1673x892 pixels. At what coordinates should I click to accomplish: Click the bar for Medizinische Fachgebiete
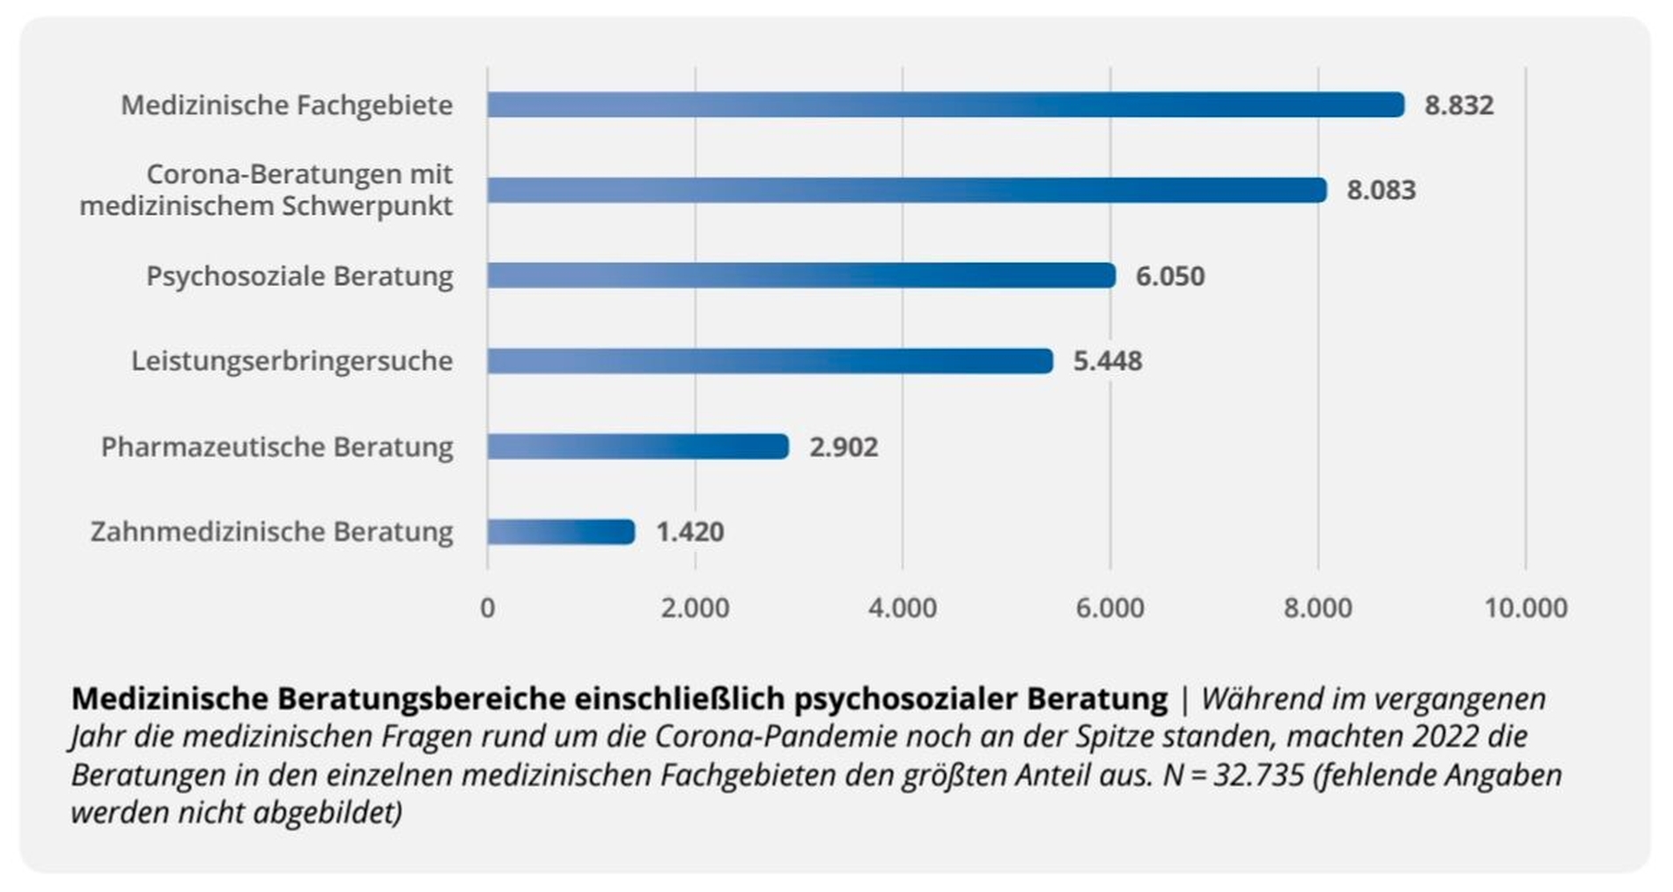click(x=945, y=105)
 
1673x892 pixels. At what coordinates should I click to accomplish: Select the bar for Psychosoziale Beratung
click(x=800, y=276)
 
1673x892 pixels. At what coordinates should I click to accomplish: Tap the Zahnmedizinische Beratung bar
click(x=560, y=532)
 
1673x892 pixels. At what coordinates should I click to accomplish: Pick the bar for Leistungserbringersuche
click(x=770, y=361)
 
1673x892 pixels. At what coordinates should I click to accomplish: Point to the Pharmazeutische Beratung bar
click(x=638, y=446)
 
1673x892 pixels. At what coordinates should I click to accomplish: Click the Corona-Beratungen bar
click(x=906, y=190)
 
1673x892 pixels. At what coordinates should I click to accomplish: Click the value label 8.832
click(x=1458, y=106)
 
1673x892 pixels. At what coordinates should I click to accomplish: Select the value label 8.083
click(x=1381, y=190)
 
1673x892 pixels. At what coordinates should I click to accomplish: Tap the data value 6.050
click(x=1169, y=276)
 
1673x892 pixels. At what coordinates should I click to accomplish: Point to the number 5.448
click(x=1107, y=361)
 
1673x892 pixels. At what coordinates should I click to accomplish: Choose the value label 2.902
click(x=843, y=447)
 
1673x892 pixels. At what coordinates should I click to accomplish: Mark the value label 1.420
click(x=689, y=532)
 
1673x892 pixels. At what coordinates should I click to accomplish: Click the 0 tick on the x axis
click(x=487, y=608)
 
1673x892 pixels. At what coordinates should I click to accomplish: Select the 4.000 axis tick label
click(x=903, y=608)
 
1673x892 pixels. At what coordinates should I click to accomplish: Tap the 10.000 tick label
click(x=1525, y=608)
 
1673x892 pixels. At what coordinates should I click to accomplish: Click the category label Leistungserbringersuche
click(x=291, y=361)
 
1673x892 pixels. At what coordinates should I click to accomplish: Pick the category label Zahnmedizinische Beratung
click(x=271, y=532)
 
